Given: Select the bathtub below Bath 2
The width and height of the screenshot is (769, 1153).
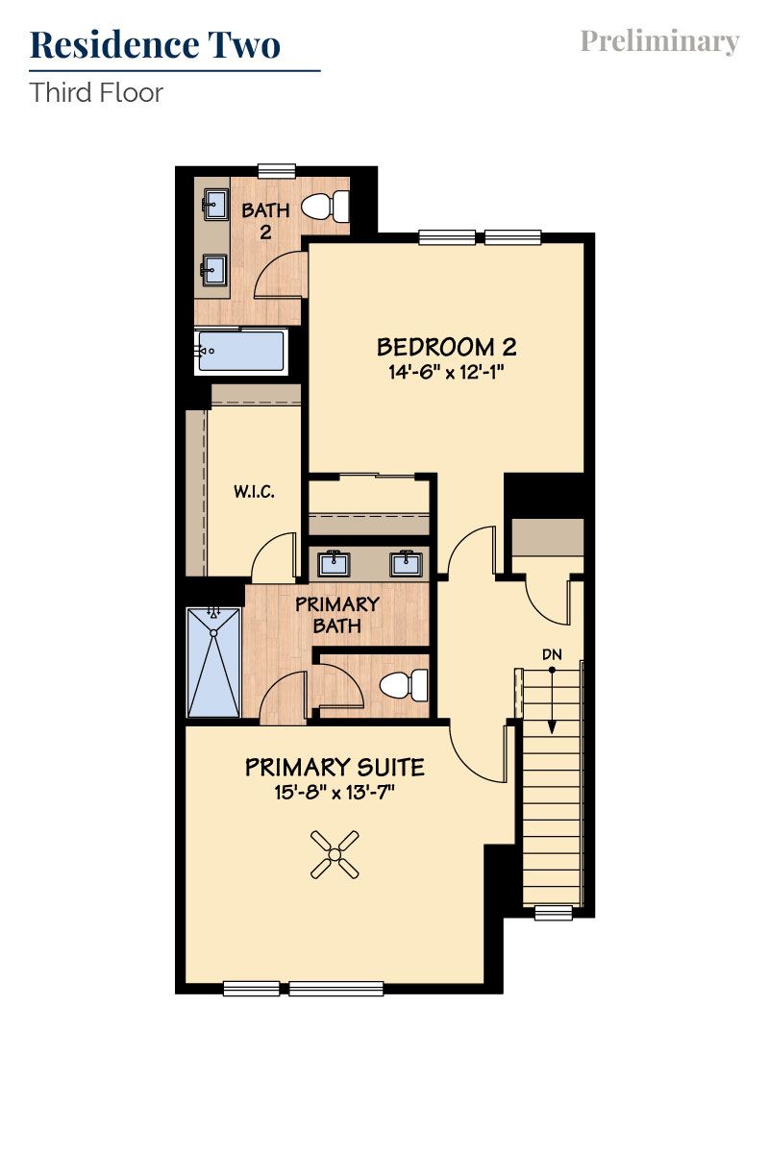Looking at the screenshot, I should point(241,352).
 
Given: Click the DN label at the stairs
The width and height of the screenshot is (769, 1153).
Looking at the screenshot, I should point(552,654).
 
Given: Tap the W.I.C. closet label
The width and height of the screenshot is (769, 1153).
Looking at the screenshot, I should point(254,492).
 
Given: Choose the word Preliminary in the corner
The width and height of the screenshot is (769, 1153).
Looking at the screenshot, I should point(659,41).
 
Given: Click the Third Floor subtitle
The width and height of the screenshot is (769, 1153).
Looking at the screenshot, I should point(96,93).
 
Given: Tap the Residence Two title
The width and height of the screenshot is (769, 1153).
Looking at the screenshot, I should point(156,44).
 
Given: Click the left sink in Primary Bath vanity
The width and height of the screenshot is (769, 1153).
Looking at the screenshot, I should point(336,562).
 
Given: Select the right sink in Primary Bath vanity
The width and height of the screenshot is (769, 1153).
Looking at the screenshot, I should point(406,562).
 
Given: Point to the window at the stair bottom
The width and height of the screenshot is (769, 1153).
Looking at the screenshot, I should point(553,912).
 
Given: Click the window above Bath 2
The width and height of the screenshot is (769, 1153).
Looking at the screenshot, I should point(275,170).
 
